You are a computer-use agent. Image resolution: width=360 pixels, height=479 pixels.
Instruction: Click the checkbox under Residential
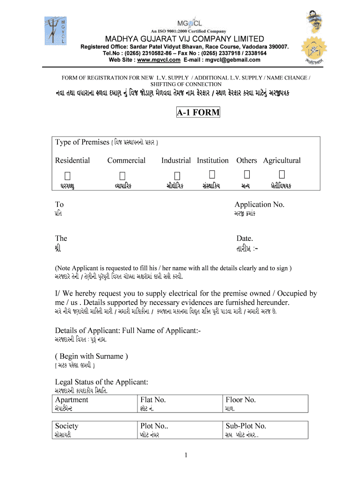(68, 175)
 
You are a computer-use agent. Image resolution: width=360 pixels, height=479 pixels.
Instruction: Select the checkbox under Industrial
(177, 175)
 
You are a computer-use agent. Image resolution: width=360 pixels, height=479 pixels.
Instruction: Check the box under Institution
(212, 175)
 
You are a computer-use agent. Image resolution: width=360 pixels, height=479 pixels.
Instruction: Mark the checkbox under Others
(247, 175)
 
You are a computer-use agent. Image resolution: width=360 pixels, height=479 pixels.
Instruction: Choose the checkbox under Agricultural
(281, 175)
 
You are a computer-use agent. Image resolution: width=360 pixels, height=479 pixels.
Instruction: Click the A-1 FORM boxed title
(198, 113)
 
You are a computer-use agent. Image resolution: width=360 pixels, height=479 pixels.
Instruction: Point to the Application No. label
(259, 204)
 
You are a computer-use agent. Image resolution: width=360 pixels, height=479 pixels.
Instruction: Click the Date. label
(245, 238)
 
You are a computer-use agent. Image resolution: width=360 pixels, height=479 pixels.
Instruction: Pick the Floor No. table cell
(266, 403)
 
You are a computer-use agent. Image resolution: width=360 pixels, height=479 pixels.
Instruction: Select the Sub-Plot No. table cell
(266, 429)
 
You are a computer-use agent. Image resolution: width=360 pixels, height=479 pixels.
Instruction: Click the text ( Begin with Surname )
(92, 356)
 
